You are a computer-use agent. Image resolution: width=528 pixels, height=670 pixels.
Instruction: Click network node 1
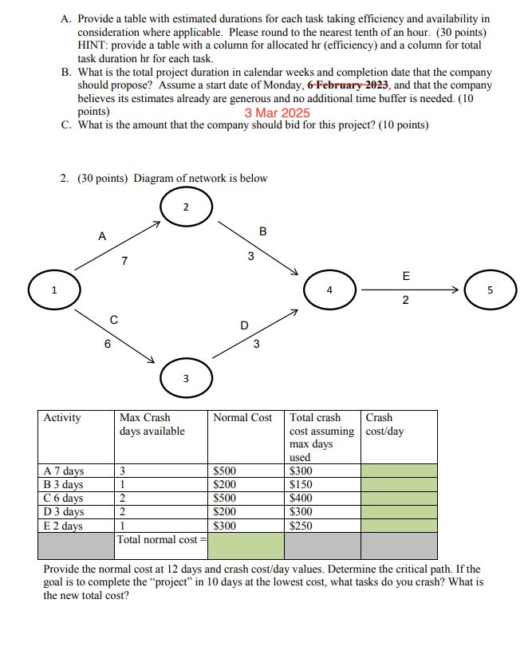[54, 289]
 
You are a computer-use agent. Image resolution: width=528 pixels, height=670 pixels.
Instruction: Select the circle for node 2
[186, 207]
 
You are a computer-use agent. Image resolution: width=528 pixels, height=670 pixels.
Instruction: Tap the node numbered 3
[186, 378]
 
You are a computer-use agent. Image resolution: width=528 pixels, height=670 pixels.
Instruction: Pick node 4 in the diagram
[329, 290]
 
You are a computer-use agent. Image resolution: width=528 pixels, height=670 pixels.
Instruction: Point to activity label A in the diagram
[101, 236]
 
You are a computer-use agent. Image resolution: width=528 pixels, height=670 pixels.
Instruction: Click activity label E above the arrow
[406, 277]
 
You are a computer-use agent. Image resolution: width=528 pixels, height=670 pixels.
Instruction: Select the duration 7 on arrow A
[124, 261]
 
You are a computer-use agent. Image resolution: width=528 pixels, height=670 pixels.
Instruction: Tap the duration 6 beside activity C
[108, 345]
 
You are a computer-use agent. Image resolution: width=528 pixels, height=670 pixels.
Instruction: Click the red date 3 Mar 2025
[277, 112]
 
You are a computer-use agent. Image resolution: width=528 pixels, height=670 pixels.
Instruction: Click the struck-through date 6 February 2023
[349, 85]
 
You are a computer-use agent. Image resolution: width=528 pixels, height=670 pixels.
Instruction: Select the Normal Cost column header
[242, 418]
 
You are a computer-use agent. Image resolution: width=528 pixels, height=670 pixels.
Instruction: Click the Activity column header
[62, 418]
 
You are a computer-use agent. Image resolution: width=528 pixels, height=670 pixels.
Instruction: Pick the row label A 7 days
[64, 471]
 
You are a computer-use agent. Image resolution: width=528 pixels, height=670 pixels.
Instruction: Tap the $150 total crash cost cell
[301, 484]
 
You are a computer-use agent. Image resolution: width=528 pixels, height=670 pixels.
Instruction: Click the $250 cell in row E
[301, 526]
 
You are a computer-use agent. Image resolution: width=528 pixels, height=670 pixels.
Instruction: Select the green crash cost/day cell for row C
[399, 498]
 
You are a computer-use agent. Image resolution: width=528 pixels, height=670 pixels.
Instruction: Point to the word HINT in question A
[93, 45]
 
